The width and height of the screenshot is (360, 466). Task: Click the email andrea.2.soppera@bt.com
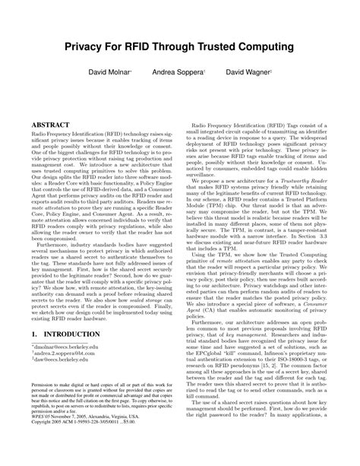point(63,332)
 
